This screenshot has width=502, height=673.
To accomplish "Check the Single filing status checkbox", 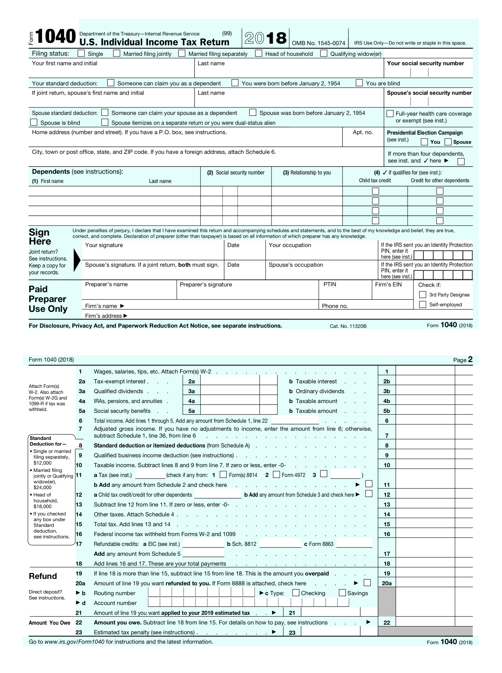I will pyautogui.click(x=81, y=53).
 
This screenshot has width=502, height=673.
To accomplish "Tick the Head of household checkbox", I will pyautogui.click(x=259, y=53).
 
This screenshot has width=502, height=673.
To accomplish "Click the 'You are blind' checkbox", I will pyautogui.click(x=359, y=83).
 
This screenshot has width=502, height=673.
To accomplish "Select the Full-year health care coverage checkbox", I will pyautogui.click(x=390, y=114).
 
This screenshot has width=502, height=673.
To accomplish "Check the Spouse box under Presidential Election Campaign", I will pyautogui.click(x=448, y=142).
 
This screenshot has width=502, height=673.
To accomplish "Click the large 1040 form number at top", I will pyautogui.click(x=55, y=37).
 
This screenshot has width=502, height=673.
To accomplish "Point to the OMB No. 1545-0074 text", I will pyautogui.click(x=318, y=43).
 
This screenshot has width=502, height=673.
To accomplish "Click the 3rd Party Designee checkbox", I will pyautogui.click(x=422, y=294).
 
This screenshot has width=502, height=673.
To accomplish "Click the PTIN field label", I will pyautogui.click(x=330, y=284).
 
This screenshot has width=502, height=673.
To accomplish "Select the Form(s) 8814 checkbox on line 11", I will pyautogui.click(x=223, y=474).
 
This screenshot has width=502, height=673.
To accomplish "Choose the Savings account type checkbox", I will pyautogui.click(x=342, y=593).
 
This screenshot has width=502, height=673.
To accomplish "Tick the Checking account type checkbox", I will pyautogui.click(x=295, y=593).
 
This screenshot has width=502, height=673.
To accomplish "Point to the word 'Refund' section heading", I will pyautogui.click(x=43, y=576).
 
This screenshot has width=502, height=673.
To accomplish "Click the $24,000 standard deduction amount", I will pyautogui.click(x=43, y=488).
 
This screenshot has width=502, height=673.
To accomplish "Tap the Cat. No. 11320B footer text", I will pyautogui.click(x=348, y=326).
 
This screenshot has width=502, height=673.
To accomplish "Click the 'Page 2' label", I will pyautogui.click(x=463, y=360).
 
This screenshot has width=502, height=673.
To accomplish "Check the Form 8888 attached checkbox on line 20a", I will pyautogui.click(x=367, y=583).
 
